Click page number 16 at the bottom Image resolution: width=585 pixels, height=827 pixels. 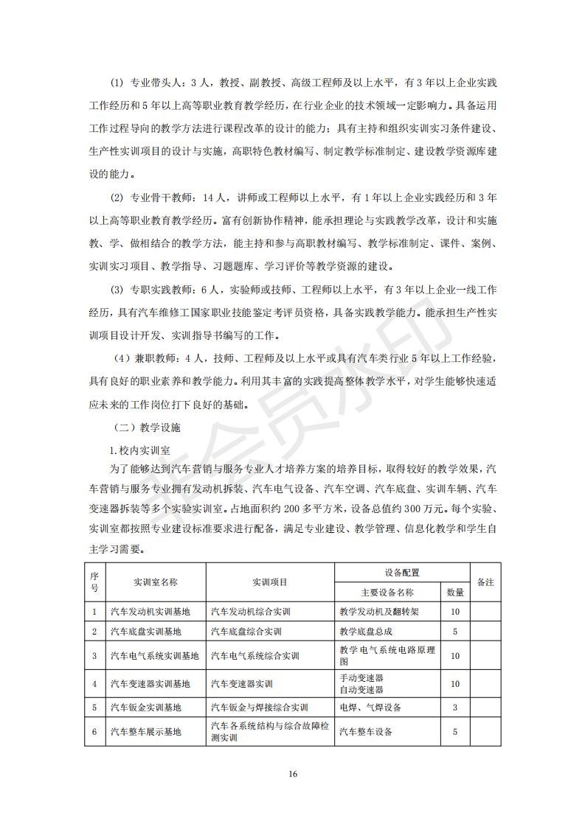293,773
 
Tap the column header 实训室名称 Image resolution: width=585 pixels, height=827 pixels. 156,582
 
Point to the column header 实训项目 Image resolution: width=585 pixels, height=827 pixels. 270,582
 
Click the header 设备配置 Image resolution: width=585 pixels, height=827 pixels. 402,572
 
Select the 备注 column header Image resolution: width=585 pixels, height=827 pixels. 485,582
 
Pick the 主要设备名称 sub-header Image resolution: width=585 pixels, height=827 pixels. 387,592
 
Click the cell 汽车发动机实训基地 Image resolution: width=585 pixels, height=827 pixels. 150,612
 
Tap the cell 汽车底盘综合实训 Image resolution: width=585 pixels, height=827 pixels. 246,632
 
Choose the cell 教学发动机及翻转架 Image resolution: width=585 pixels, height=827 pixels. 379,612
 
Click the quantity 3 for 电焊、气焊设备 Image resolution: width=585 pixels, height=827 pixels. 455,708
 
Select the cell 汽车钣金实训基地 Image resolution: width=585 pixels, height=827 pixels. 145,708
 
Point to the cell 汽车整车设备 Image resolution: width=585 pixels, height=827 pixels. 366,732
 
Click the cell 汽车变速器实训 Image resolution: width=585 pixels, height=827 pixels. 241,683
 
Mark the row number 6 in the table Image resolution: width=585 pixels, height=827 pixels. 94,732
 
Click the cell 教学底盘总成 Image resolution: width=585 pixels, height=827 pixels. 366,632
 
